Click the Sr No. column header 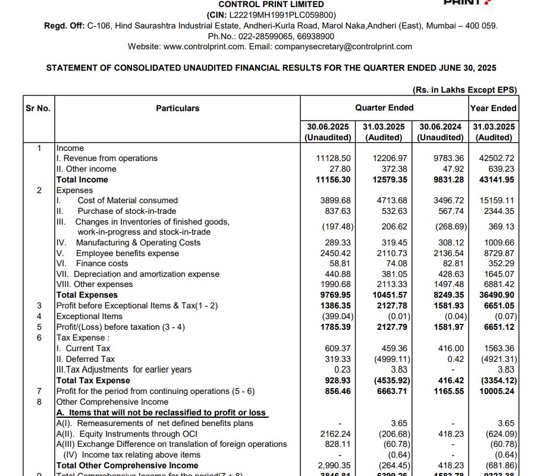[38, 108]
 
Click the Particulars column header [178, 108]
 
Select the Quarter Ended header [384, 108]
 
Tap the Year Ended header [493, 108]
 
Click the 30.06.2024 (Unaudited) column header [440, 132]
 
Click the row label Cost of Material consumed [127, 200]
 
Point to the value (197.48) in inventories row [337, 226]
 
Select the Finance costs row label [102, 263]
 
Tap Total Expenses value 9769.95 [332, 295]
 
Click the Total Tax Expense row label [93, 380]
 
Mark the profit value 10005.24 [496, 391]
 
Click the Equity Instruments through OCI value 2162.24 [335, 434]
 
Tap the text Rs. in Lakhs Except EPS [464, 90]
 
